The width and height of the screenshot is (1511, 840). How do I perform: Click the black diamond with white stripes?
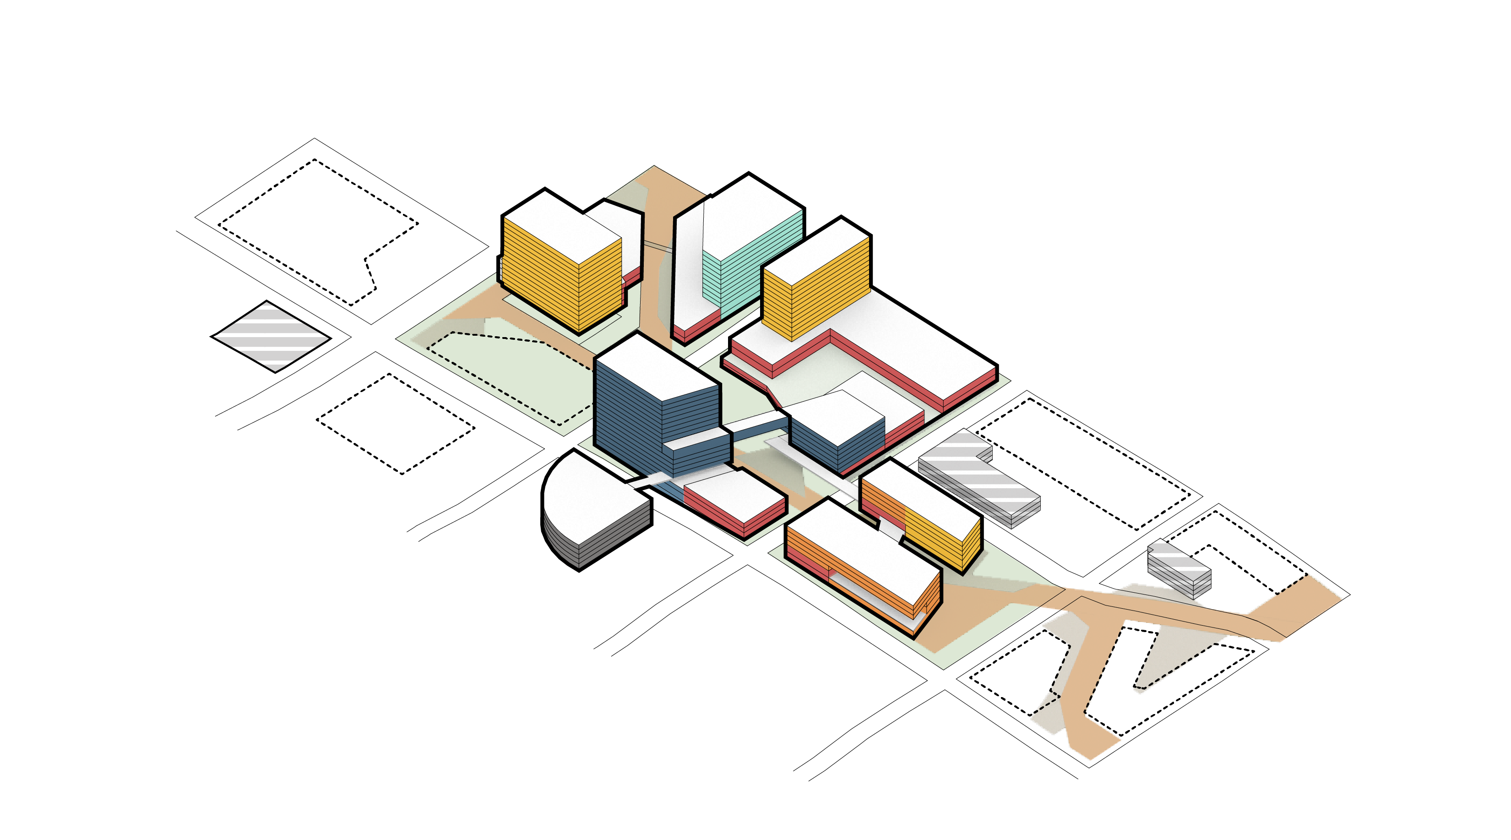pos(271,336)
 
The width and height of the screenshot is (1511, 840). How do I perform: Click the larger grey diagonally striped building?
pos(979,481)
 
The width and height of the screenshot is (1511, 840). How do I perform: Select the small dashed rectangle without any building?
pos(395,424)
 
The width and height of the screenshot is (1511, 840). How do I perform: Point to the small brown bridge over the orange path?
pos(657,246)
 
